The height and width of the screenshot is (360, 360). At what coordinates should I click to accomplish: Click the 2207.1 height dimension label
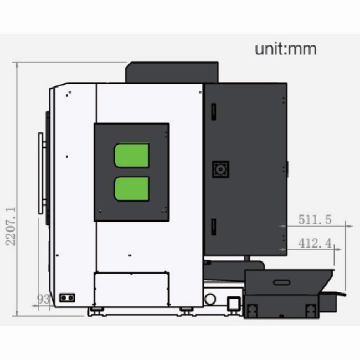click(11, 226)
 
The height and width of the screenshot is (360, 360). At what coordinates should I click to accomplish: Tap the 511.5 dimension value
click(315, 219)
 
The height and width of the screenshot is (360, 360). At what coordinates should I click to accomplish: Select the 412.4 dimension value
click(315, 243)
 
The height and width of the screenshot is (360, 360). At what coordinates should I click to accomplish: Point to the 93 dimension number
click(43, 299)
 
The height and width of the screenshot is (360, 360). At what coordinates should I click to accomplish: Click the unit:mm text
click(286, 49)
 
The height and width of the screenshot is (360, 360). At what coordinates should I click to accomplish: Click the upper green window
click(132, 155)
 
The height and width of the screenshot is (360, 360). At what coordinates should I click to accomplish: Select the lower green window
click(132, 188)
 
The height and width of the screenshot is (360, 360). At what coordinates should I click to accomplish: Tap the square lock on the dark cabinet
click(220, 169)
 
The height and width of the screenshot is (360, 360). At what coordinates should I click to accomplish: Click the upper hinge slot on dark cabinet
click(214, 111)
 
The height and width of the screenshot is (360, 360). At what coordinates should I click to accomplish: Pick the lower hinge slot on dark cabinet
click(214, 227)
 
